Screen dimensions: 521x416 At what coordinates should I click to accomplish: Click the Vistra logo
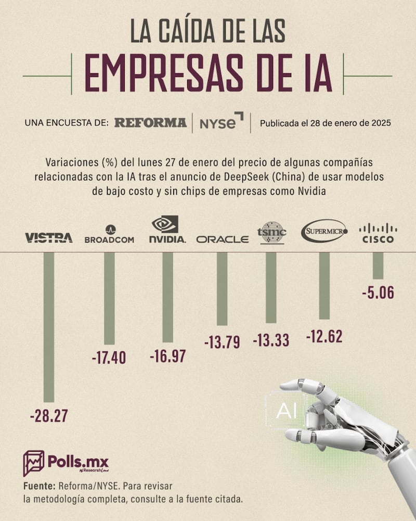49,238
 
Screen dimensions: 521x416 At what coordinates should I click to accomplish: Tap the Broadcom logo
109,235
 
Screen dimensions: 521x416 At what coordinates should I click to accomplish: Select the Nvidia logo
167,230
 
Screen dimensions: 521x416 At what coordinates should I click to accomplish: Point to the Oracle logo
223,239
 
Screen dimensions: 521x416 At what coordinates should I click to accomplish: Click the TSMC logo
271,232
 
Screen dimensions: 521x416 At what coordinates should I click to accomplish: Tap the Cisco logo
378,234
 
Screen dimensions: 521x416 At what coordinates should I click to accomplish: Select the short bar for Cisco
378,265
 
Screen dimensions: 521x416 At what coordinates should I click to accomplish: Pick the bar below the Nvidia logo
167,297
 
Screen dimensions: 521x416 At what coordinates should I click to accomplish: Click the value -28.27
49,416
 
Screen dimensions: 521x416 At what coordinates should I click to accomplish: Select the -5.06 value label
378,293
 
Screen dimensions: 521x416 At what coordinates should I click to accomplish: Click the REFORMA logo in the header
150,123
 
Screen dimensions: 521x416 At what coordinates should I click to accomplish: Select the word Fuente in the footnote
40,486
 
